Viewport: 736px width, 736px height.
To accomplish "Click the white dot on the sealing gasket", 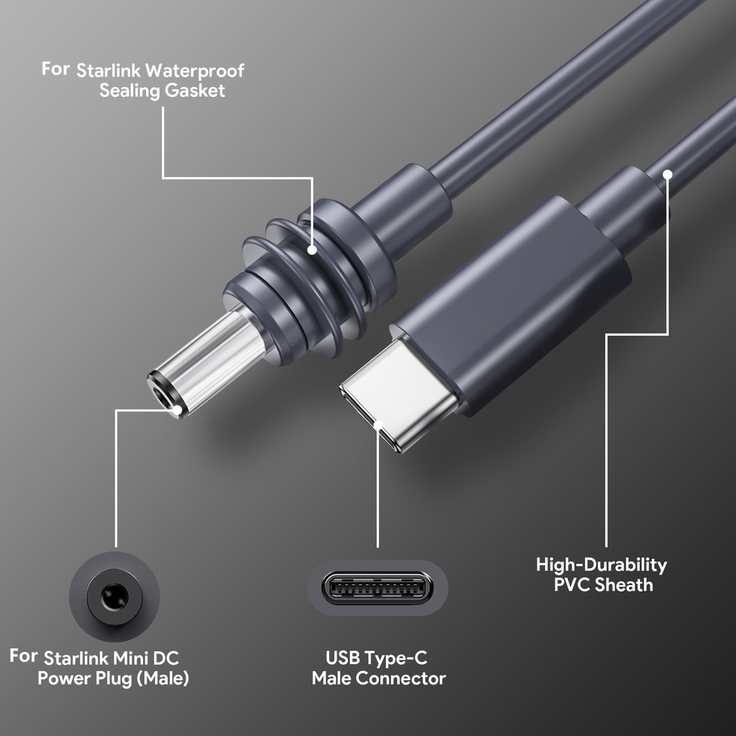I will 312,250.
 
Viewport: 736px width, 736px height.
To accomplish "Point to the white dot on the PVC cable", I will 668,173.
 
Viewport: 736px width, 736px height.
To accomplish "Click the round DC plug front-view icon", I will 114,596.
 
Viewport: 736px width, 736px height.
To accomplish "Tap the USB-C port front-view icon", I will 377,588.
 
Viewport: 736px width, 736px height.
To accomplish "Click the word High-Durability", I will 602,565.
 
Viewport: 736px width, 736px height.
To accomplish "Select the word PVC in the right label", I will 571,584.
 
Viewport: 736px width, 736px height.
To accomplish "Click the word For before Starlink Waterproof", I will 55,69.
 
